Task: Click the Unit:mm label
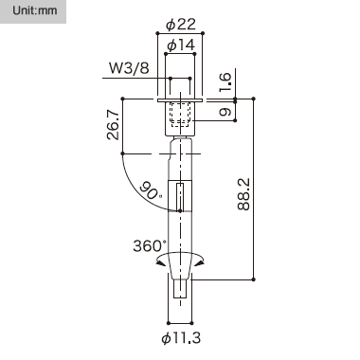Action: [35, 10]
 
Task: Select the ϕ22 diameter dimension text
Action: [181, 25]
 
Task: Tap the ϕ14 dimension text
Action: [181, 45]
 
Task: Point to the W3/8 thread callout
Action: [129, 68]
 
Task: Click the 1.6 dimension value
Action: [225, 82]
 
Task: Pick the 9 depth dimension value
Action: [225, 112]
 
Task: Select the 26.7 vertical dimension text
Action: [113, 125]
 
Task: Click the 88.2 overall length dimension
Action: [243, 194]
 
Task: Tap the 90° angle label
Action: [151, 190]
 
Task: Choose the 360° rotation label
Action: [150, 245]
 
